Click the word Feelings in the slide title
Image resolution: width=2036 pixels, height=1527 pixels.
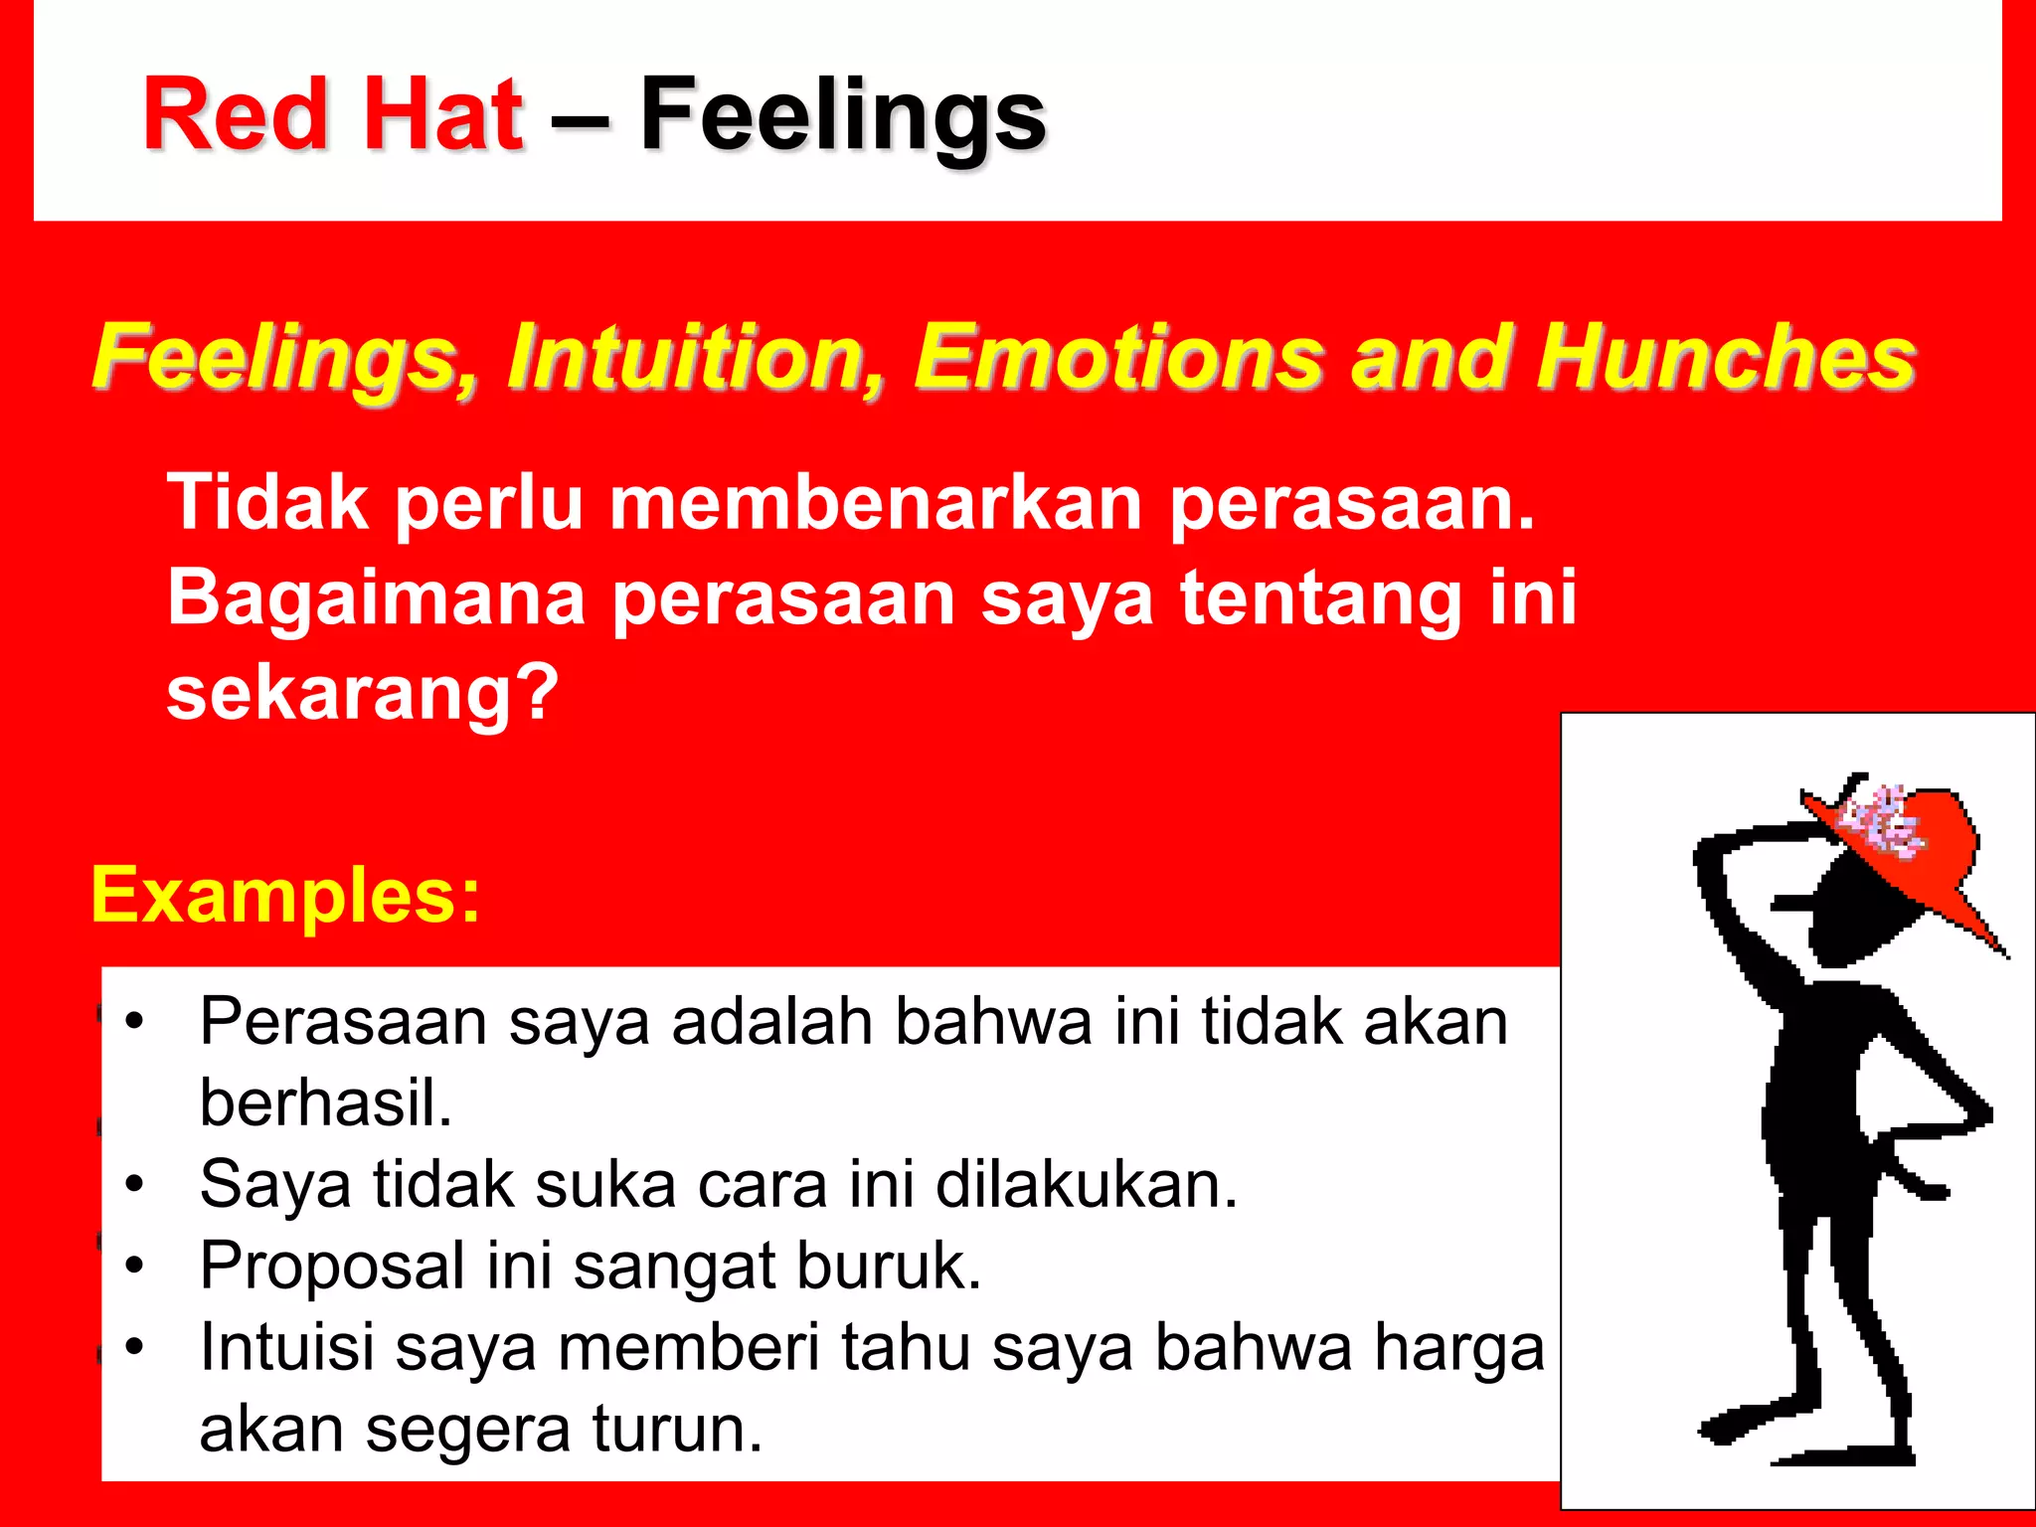(x=842, y=117)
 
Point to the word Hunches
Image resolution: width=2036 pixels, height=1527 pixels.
(x=1725, y=356)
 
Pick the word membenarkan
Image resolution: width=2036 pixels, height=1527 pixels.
(x=875, y=503)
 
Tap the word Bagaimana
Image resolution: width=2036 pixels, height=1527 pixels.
(x=376, y=597)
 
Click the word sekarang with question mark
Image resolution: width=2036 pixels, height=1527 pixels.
(x=363, y=693)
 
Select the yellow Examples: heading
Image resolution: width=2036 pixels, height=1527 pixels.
(x=285, y=895)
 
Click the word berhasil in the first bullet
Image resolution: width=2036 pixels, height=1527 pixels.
(x=325, y=1103)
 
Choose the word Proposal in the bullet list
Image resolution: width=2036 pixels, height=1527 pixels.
(x=332, y=1267)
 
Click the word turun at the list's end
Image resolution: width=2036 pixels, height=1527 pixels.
(x=676, y=1429)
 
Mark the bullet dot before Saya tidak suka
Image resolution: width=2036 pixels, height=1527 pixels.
(x=135, y=1184)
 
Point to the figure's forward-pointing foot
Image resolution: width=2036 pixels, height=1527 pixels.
(x=1735, y=1427)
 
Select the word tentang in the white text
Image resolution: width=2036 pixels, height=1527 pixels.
(x=1317, y=597)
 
